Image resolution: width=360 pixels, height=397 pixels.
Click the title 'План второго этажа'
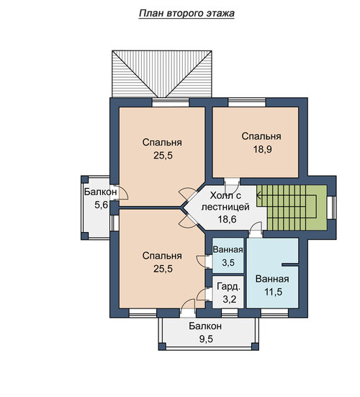[186, 14]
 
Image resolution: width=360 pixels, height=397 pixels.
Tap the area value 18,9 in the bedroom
[262, 149]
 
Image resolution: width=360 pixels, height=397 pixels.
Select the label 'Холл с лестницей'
[225, 201]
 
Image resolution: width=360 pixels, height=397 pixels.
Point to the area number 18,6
[227, 219]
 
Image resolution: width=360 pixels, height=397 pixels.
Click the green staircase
[292, 208]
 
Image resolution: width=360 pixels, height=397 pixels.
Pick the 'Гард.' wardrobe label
[228, 287]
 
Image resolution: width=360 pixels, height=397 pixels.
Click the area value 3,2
[229, 299]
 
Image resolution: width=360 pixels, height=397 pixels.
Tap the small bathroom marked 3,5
[228, 256]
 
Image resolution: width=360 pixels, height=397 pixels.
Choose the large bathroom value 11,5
[273, 292]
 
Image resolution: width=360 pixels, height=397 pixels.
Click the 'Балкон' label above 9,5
[205, 326]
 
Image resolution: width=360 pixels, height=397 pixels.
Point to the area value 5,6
[102, 205]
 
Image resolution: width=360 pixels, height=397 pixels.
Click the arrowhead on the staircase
[258, 195]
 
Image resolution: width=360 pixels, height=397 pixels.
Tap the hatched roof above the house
[162, 73]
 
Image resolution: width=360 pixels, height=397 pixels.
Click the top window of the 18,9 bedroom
[247, 102]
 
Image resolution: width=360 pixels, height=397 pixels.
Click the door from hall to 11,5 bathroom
[256, 230]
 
